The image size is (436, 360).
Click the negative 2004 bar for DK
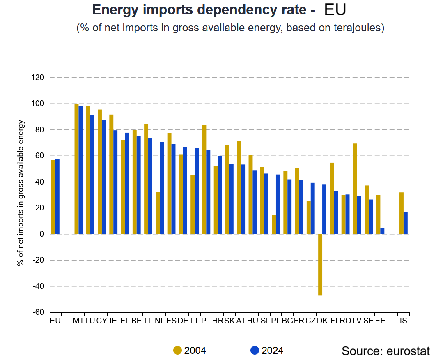[320, 265]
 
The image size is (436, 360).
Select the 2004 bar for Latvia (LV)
[355, 189]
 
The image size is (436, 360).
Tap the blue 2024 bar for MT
[81, 170]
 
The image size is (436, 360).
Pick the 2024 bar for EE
[383, 231]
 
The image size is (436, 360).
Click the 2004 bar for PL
[274, 224]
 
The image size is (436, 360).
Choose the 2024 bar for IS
[406, 223]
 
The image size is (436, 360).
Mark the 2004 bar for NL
[158, 213]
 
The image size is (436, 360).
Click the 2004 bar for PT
[204, 179]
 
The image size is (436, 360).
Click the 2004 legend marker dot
[177, 351]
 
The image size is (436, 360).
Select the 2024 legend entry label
[272, 351]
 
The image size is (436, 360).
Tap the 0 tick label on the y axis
[42, 234]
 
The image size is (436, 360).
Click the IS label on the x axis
[404, 321]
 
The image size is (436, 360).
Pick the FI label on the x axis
[334, 321]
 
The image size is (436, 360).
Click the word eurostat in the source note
[408, 351]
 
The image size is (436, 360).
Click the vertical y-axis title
[21, 193]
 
